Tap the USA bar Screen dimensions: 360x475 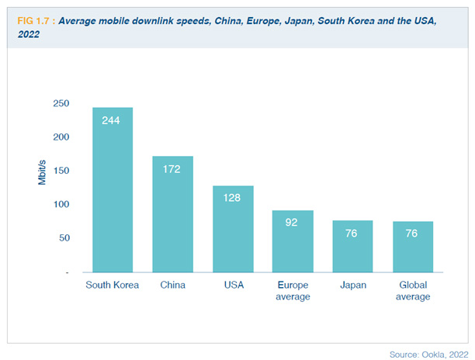(x=233, y=230)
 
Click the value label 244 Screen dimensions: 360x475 (x=113, y=120)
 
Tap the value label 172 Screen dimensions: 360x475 (x=172, y=168)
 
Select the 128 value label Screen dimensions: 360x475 (x=233, y=198)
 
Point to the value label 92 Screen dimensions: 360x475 (x=293, y=223)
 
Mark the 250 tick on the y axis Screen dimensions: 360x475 (x=61, y=103)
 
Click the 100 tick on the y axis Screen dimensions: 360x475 (x=61, y=204)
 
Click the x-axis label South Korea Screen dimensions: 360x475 (x=113, y=285)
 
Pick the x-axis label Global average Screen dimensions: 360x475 (x=413, y=290)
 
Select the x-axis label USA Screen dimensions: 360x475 (x=233, y=285)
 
